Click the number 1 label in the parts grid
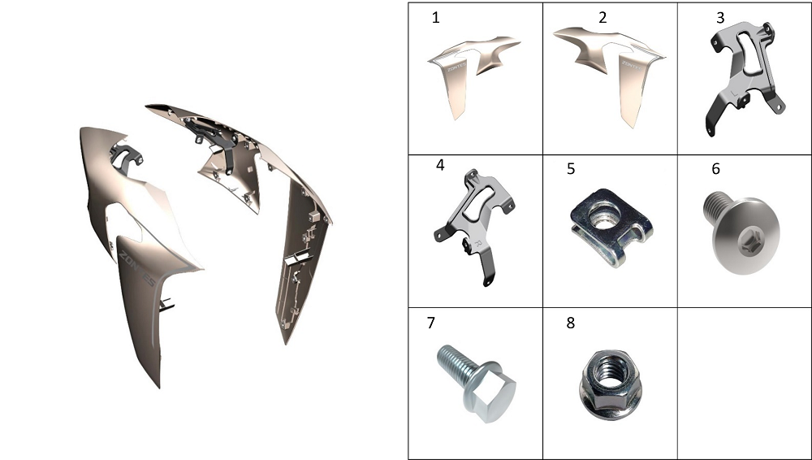435,18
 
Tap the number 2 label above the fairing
603,18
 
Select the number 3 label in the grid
720,18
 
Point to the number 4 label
440,165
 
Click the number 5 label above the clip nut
571,169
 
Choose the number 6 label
715,169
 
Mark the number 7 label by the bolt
431,323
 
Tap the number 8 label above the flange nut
571,323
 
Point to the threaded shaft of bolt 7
456,362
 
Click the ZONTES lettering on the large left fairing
137,269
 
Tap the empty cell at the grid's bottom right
744,384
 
